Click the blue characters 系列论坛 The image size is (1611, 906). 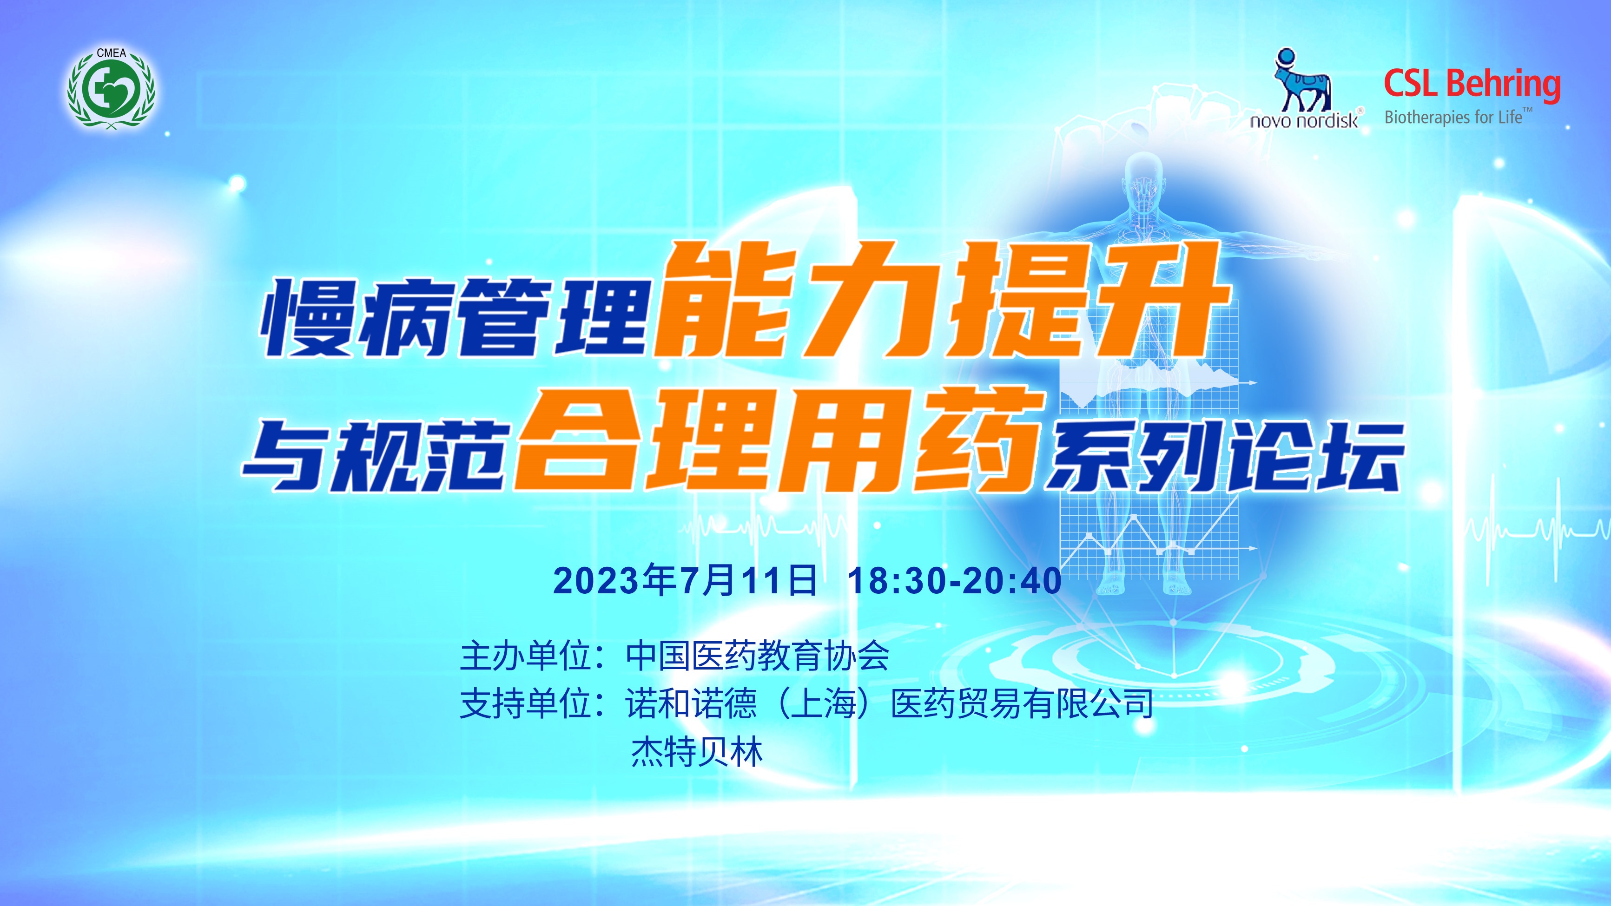point(1226,456)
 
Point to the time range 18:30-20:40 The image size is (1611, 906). point(954,580)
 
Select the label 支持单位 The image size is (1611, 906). point(526,703)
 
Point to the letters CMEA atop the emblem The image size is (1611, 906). point(111,53)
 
